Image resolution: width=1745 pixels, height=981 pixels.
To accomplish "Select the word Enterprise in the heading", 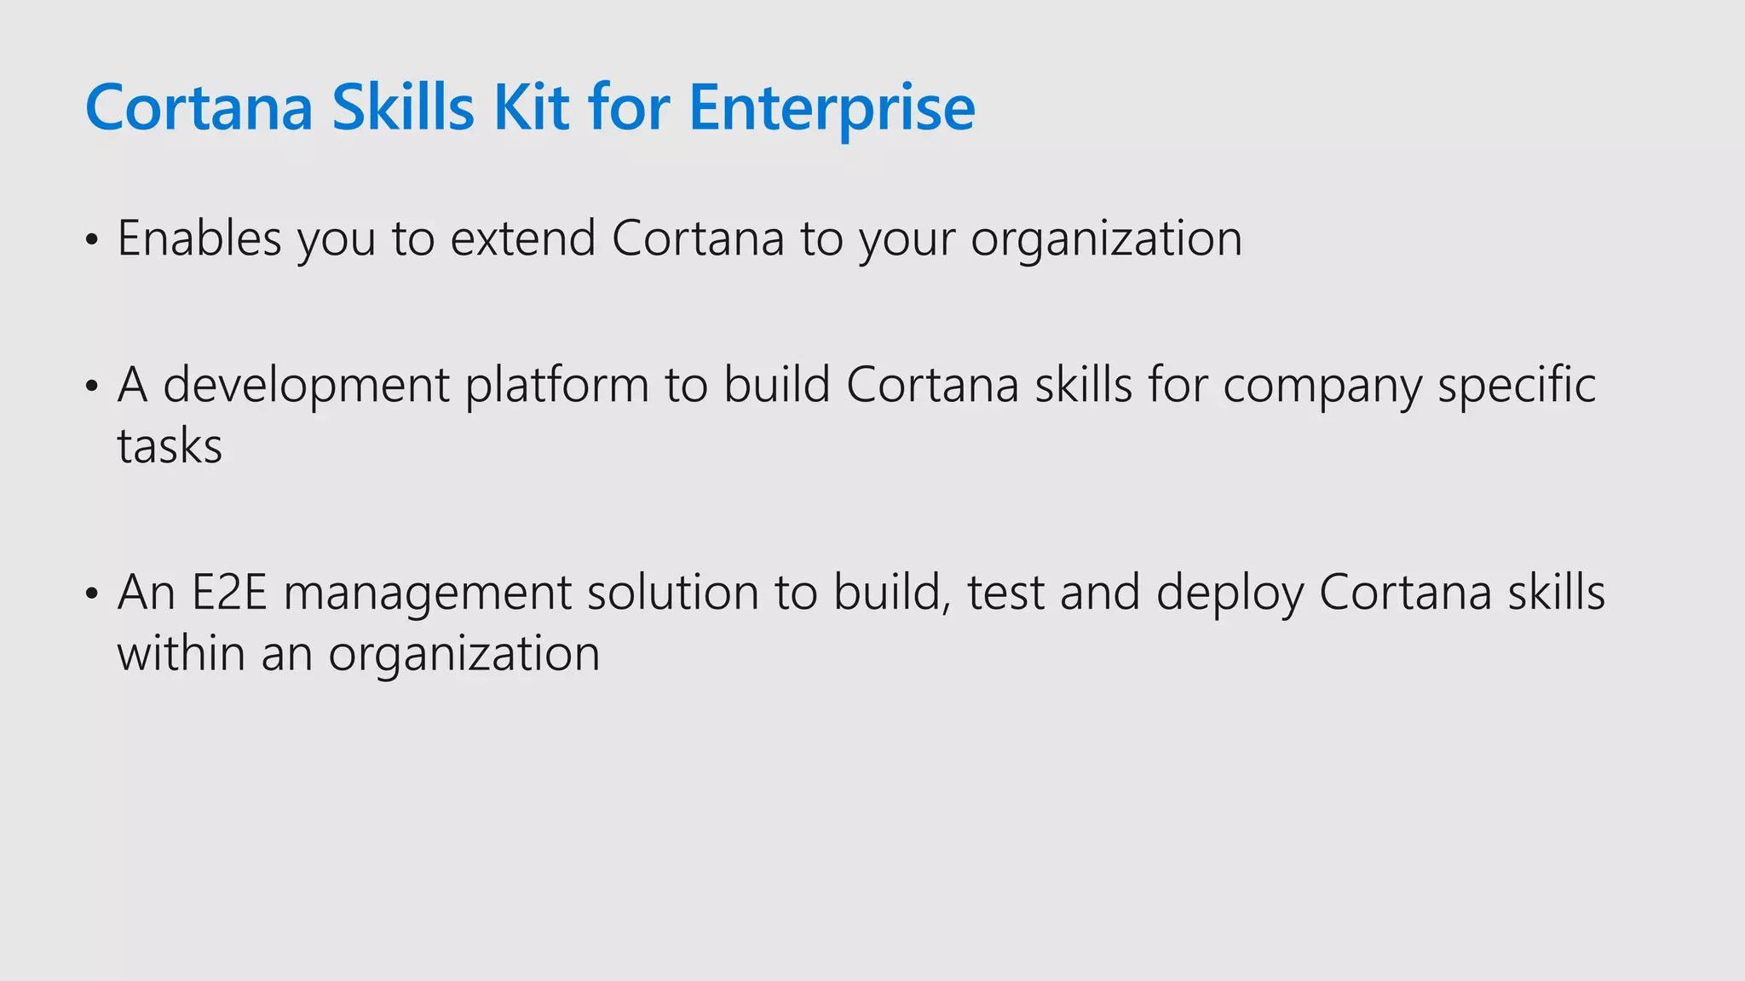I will (x=832, y=108).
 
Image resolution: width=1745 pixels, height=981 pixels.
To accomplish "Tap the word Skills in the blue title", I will (x=402, y=108).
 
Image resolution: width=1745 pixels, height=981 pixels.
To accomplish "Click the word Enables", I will (x=199, y=238).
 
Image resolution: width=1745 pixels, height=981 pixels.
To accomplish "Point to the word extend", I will (x=522, y=238).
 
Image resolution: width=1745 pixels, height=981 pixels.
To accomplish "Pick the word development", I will (x=306, y=385).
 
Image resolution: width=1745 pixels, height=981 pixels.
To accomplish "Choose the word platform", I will (x=557, y=385).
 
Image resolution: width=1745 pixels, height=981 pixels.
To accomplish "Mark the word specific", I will (x=1517, y=385).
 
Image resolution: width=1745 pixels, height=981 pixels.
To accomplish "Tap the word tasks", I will (x=170, y=446).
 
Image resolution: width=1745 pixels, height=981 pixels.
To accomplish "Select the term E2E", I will (x=229, y=593).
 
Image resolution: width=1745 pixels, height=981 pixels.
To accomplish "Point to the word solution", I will (x=672, y=593).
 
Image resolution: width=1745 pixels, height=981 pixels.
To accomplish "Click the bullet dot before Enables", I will (x=92, y=240).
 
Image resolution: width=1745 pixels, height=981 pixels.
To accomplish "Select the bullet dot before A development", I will (x=92, y=387).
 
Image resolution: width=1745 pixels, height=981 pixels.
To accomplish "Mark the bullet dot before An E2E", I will (x=92, y=594).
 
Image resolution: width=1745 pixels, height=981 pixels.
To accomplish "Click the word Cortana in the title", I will (x=199, y=108).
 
